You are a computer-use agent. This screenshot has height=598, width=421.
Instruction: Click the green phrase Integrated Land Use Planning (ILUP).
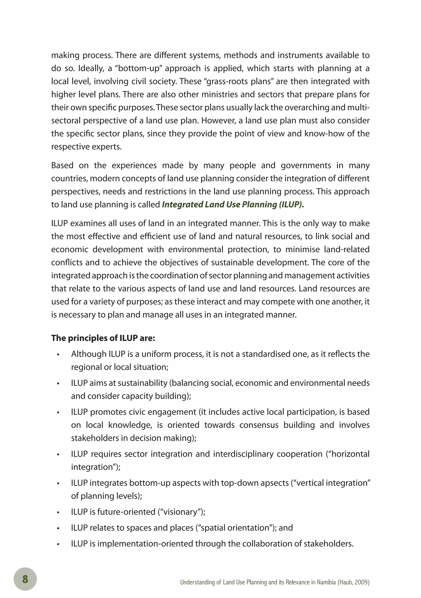tap(233, 205)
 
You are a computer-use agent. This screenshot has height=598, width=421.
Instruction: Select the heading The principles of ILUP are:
tap(103, 338)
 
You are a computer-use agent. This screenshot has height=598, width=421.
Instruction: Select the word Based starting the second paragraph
tap(62, 165)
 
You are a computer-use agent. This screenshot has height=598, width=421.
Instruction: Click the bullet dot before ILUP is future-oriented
tap(58, 513)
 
